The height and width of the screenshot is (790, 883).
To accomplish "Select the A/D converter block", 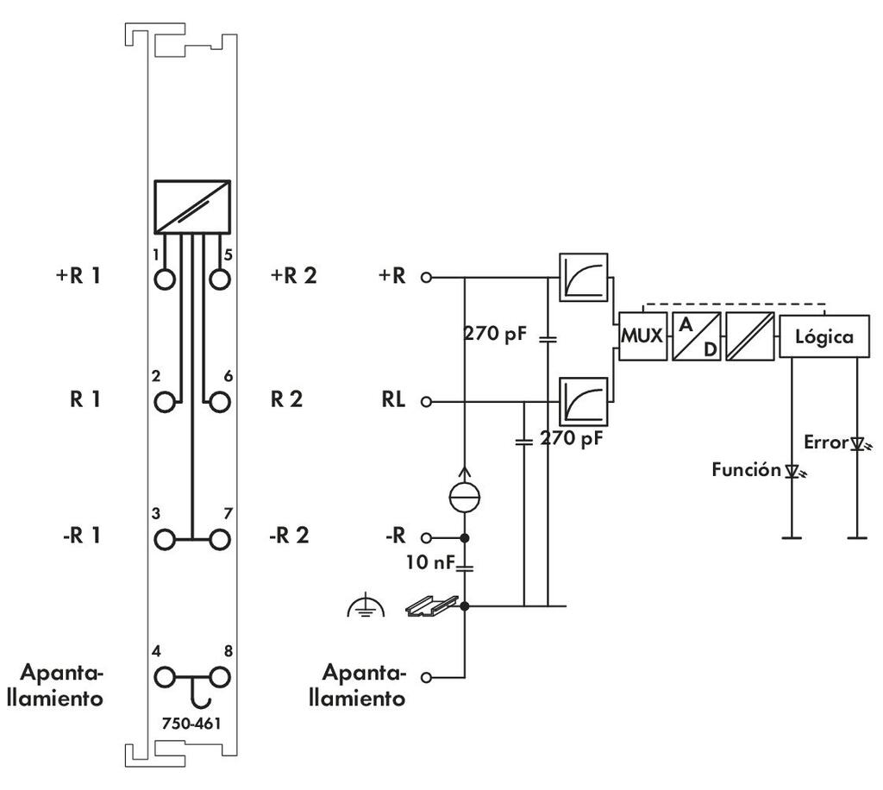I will click(x=696, y=336).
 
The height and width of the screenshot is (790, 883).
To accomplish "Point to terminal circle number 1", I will click(x=165, y=279).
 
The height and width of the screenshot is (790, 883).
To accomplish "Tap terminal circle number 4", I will click(x=165, y=675).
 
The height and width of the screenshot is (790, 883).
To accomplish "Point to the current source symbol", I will click(x=465, y=498).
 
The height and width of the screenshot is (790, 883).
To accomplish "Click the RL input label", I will click(x=393, y=401).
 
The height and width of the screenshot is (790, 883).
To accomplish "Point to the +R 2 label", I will click(x=293, y=277).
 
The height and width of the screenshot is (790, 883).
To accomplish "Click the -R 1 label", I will click(x=78, y=536).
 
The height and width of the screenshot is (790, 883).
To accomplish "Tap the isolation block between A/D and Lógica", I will click(x=748, y=336).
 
